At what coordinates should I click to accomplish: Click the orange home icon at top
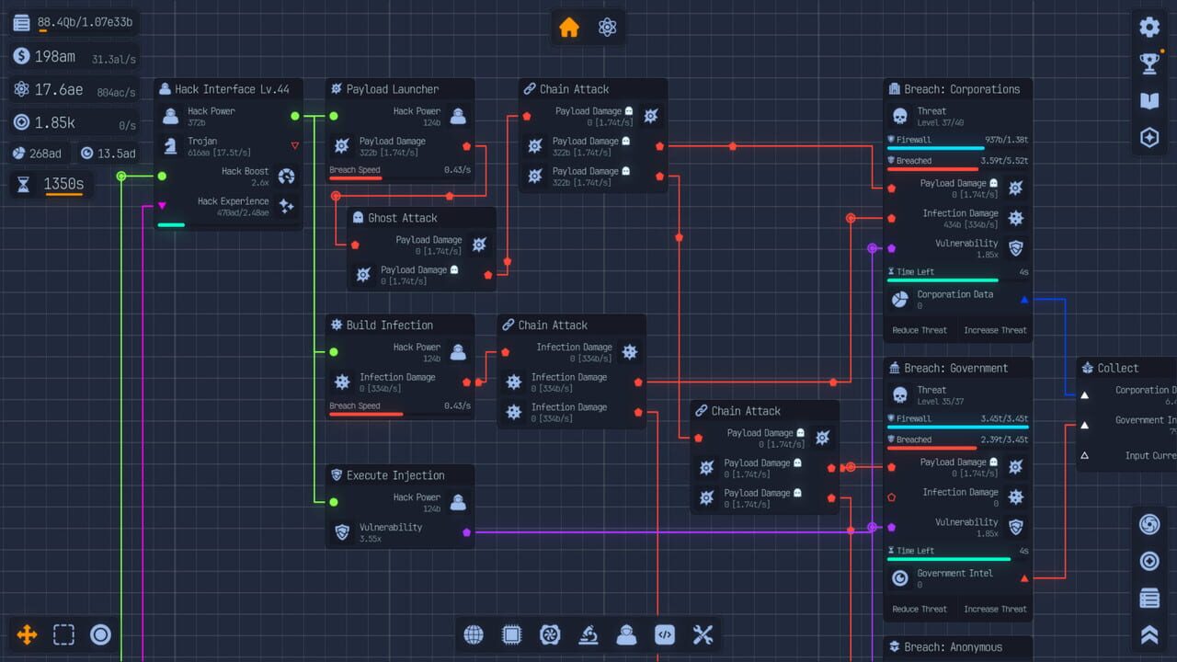pos(569,28)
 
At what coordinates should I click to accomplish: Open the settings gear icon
pos(1149,27)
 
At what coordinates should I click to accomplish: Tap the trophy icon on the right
pos(1149,63)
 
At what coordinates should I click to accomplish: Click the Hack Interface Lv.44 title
pos(232,89)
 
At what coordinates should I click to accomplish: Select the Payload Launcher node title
pos(393,89)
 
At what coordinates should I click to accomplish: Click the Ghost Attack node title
pos(403,218)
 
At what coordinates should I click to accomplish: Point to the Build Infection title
pos(390,325)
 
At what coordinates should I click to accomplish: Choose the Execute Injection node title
pos(395,475)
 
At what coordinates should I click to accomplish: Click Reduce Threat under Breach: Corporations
pos(920,330)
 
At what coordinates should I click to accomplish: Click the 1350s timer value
pos(63,185)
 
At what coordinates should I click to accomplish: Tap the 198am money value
pos(55,57)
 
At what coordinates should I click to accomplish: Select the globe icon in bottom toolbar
pos(474,634)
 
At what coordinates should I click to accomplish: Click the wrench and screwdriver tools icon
pos(703,634)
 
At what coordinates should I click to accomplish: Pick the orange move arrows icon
pos(27,634)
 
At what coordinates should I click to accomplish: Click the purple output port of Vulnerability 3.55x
pos(467,531)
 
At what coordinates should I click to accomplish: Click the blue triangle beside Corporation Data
pos(1024,300)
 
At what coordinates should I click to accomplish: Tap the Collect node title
pos(1117,368)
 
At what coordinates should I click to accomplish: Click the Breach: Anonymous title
pos(953,647)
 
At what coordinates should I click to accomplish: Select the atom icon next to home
pos(607,28)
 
